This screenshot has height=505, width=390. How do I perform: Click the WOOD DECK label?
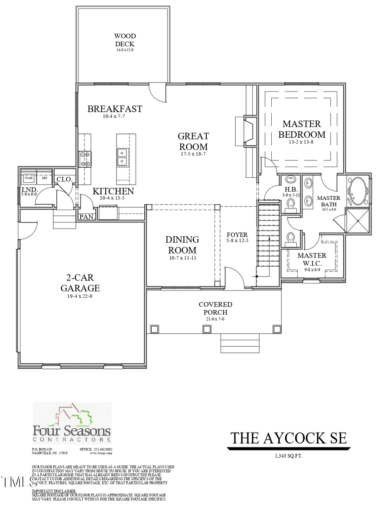click(x=124, y=40)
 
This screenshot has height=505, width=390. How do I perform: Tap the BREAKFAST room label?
click(x=114, y=109)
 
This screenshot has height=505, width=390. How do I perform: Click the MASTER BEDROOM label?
click(x=302, y=129)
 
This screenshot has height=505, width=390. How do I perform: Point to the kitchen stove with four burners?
click(x=84, y=159)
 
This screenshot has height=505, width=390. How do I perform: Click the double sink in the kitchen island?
click(x=123, y=157)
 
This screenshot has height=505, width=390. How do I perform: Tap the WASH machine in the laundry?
click(x=29, y=178)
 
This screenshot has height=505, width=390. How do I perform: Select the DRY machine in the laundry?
click(x=44, y=178)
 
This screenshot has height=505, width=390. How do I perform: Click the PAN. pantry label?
click(x=87, y=217)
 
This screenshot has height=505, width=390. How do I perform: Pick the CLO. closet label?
click(x=64, y=179)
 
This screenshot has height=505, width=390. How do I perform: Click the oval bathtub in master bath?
click(x=358, y=192)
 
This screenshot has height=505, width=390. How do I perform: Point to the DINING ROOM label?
click(x=182, y=245)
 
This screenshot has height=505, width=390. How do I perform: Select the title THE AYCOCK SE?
click(x=288, y=438)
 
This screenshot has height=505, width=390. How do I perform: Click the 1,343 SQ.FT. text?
click(x=288, y=456)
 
